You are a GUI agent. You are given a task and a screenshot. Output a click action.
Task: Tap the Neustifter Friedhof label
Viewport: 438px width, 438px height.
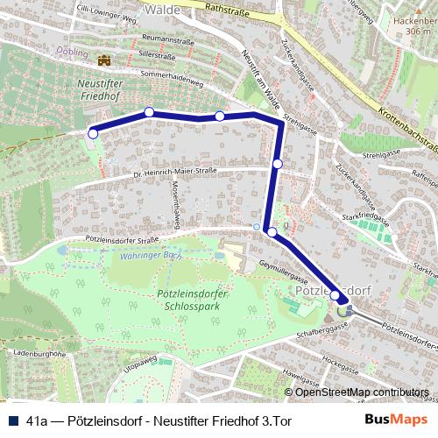[x=91, y=93]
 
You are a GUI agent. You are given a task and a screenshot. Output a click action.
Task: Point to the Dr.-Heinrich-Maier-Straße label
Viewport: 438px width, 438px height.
[x=174, y=172]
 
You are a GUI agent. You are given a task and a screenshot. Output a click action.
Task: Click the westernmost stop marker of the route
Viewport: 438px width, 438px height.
[x=93, y=133]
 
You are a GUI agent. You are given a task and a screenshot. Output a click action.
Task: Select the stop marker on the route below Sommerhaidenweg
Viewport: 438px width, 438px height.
[x=149, y=112]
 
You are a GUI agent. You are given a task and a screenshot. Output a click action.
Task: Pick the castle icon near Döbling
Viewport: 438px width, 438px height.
[x=105, y=60]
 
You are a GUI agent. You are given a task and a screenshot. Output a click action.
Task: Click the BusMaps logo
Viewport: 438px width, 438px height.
[x=397, y=420]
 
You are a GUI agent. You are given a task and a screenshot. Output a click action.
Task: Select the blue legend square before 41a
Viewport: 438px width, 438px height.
[x=12, y=420]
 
